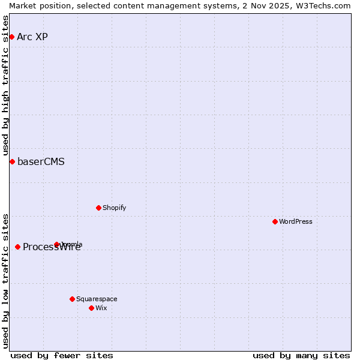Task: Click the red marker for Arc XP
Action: point(11,37)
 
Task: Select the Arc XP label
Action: point(32,37)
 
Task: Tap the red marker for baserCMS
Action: point(12,161)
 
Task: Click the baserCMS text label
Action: point(41,161)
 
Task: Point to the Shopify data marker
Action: point(98,208)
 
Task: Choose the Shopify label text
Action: point(114,208)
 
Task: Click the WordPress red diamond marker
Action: point(275,221)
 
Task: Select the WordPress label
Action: point(295,221)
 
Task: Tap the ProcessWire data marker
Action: point(17,247)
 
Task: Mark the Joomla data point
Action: point(57,244)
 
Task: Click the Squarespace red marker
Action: point(72,299)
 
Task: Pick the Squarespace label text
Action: point(97,299)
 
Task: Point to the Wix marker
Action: point(91,308)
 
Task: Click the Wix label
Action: point(101,308)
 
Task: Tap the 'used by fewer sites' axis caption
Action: point(62,355)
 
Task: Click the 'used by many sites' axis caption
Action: point(301,355)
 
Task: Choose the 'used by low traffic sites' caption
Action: point(5,281)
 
